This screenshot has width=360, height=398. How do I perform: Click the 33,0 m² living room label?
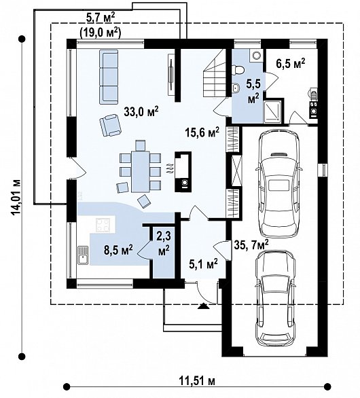(x=141, y=112)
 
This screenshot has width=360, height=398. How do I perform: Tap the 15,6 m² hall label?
(x=202, y=132)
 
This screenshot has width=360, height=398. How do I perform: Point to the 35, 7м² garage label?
(x=251, y=245)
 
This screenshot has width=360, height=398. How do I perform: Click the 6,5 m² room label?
(x=291, y=63)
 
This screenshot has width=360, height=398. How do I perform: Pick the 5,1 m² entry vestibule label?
(x=203, y=264)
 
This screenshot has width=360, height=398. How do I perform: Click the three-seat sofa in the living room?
(x=109, y=77)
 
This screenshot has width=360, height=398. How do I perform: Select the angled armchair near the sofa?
(x=111, y=125)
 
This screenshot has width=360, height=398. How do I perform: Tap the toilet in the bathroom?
(x=238, y=70)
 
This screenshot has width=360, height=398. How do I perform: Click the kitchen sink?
(x=82, y=255)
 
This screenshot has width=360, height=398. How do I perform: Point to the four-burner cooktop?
(x=103, y=225)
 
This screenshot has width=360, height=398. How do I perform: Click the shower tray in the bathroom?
(x=272, y=111)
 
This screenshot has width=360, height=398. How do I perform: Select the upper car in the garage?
(x=279, y=183)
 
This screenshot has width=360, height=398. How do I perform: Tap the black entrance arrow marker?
(x=203, y=306)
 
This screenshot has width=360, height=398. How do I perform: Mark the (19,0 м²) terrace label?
(x=100, y=33)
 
